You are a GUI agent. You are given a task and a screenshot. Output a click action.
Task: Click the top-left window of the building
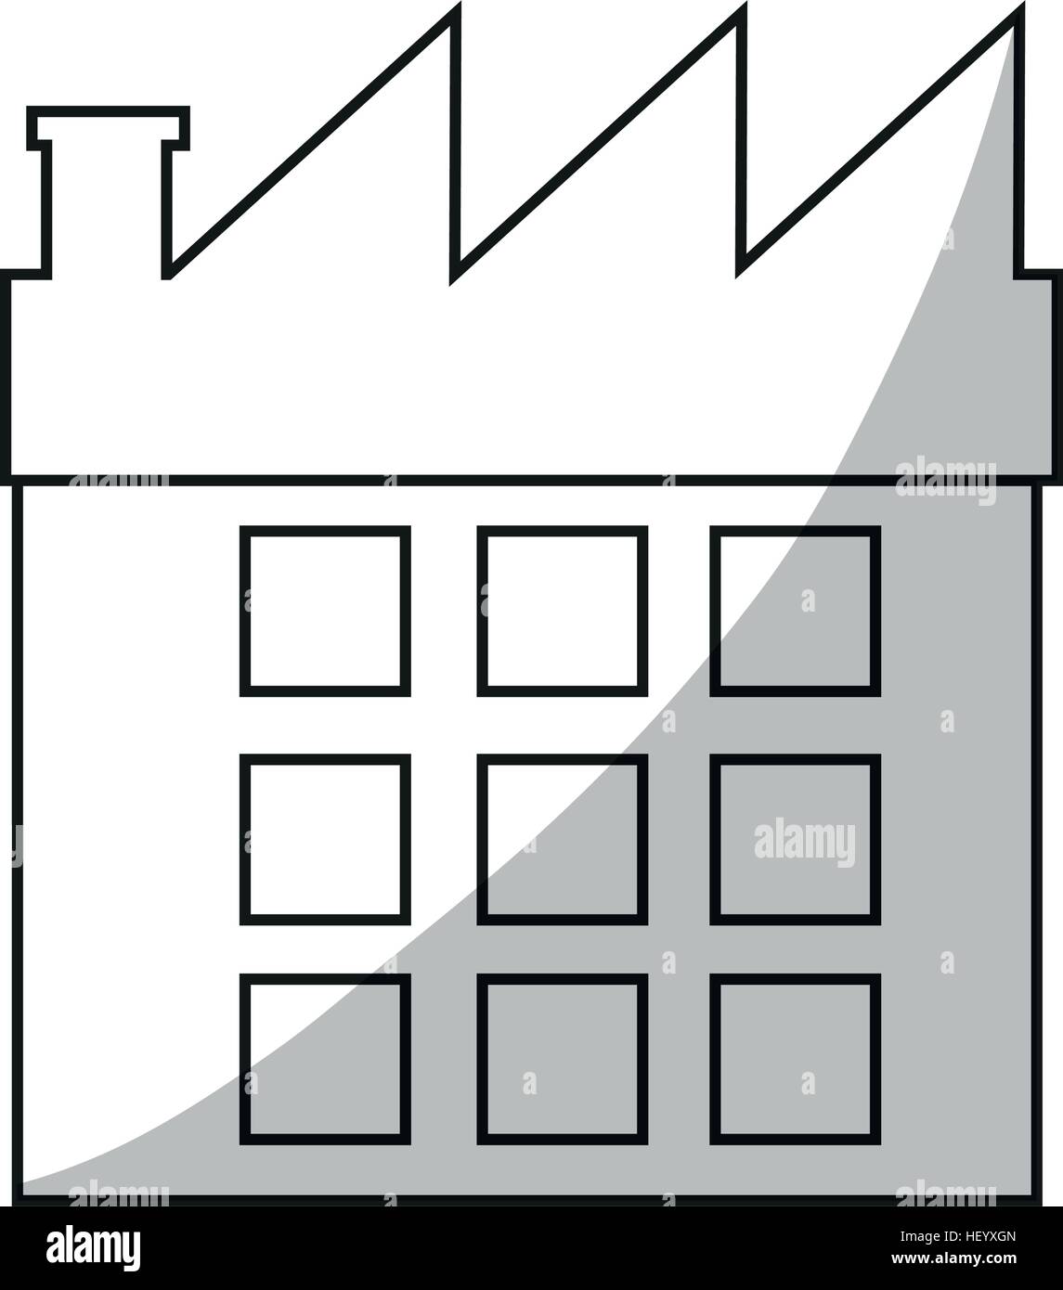(325, 611)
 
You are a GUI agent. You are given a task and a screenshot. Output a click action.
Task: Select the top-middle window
(563, 611)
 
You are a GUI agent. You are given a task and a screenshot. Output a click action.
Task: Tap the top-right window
(796, 611)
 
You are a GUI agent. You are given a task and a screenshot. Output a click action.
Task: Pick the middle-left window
(325, 840)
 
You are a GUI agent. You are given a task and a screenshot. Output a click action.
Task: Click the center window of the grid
(563, 840)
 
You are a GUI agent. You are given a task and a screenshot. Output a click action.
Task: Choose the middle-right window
(796, 840)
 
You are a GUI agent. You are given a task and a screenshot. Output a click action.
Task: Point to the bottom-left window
(325, 1060)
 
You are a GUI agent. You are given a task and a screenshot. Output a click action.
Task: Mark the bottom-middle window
(563, 1060)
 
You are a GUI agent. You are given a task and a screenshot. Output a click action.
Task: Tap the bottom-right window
(796, 1060)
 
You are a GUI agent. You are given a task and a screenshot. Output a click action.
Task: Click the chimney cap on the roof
(108, 128)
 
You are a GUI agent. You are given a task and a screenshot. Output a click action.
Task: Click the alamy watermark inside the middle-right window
(805, 843)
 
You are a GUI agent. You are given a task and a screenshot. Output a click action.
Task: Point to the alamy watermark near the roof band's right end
(946, 482)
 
